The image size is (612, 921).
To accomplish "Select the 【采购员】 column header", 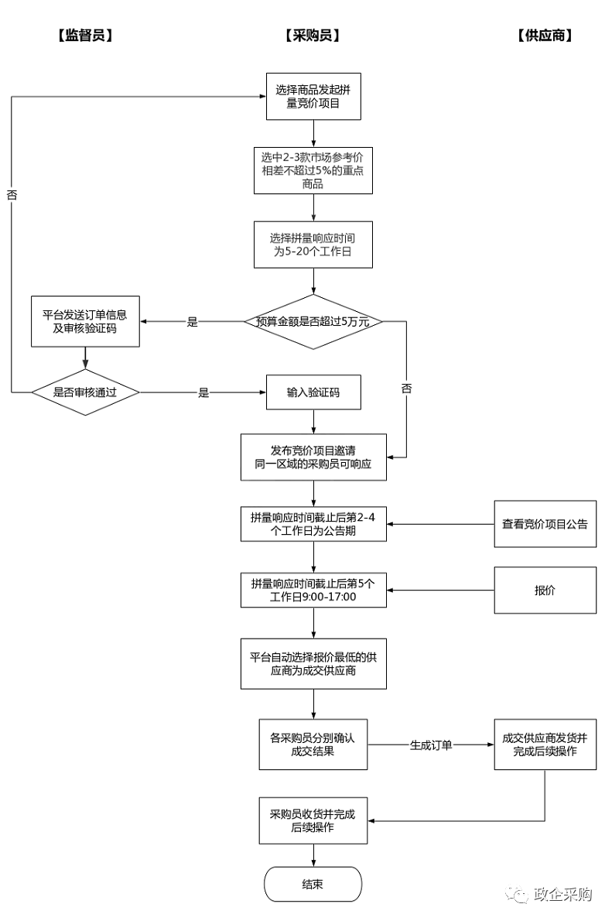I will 313,36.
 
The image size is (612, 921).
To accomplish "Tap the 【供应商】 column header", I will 545,36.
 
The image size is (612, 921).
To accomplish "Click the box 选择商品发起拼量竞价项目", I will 313,97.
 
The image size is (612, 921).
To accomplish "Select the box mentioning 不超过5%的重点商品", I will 313,170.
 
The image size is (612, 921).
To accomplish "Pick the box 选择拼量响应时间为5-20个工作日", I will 313,245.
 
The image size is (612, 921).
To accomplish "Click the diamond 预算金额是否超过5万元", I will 313,321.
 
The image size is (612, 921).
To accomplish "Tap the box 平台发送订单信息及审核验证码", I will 84,322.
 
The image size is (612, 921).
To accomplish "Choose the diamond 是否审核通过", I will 85,392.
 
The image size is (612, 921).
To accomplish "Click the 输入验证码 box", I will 313,392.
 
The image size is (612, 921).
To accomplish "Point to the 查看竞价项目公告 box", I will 545,524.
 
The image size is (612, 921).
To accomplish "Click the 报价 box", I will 545,591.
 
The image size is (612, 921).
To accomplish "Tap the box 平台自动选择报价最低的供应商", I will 313,664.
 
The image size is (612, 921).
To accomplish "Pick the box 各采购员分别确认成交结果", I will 313,745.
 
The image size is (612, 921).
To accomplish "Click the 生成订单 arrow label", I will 430,745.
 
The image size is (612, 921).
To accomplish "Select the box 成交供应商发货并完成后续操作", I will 545,745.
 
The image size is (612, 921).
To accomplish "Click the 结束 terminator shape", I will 313,884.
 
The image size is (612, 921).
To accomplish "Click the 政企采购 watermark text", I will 562,895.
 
